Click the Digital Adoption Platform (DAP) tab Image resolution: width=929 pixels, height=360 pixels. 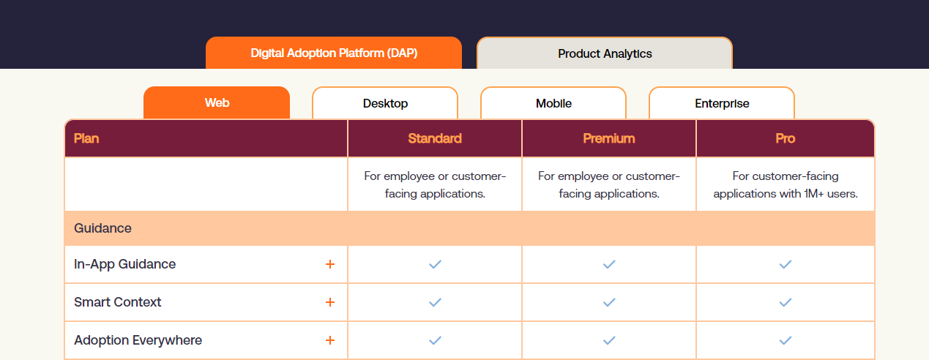[x=334, y=53]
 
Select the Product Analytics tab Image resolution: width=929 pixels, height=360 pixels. [x=605, y=53]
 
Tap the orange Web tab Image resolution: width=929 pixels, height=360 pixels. [x=217, y=103]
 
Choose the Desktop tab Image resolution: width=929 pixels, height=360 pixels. [x=385, y=103]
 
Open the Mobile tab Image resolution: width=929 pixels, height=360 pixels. [x=553, y=103]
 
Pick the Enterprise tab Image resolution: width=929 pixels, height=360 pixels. [x=722, y=103]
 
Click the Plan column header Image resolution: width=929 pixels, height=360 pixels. [x=86, y=138]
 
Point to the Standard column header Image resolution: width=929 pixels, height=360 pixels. [x=435, y=138]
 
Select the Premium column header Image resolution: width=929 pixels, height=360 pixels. [x=609, y=138]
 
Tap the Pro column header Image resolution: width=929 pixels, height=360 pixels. [x=785, y=138]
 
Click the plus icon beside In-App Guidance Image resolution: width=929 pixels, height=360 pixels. [x=330, y=264]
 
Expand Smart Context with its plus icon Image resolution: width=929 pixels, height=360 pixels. [x=330, y=302]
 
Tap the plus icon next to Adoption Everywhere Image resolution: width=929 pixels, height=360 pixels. [x=330, y=340]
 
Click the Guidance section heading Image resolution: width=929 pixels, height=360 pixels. [x=103, y=228]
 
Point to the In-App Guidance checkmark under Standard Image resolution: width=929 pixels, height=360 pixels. [x=435, y=264]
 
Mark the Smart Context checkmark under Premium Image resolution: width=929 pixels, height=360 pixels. [x=609, y=302]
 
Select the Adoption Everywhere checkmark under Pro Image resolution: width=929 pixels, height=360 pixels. [x=786, y=340]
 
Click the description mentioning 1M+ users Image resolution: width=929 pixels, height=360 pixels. [x=786, y=185]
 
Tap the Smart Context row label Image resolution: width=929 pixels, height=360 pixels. [x=118, y=302]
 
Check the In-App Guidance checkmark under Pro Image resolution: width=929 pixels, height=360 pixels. [x=786, y=264]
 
